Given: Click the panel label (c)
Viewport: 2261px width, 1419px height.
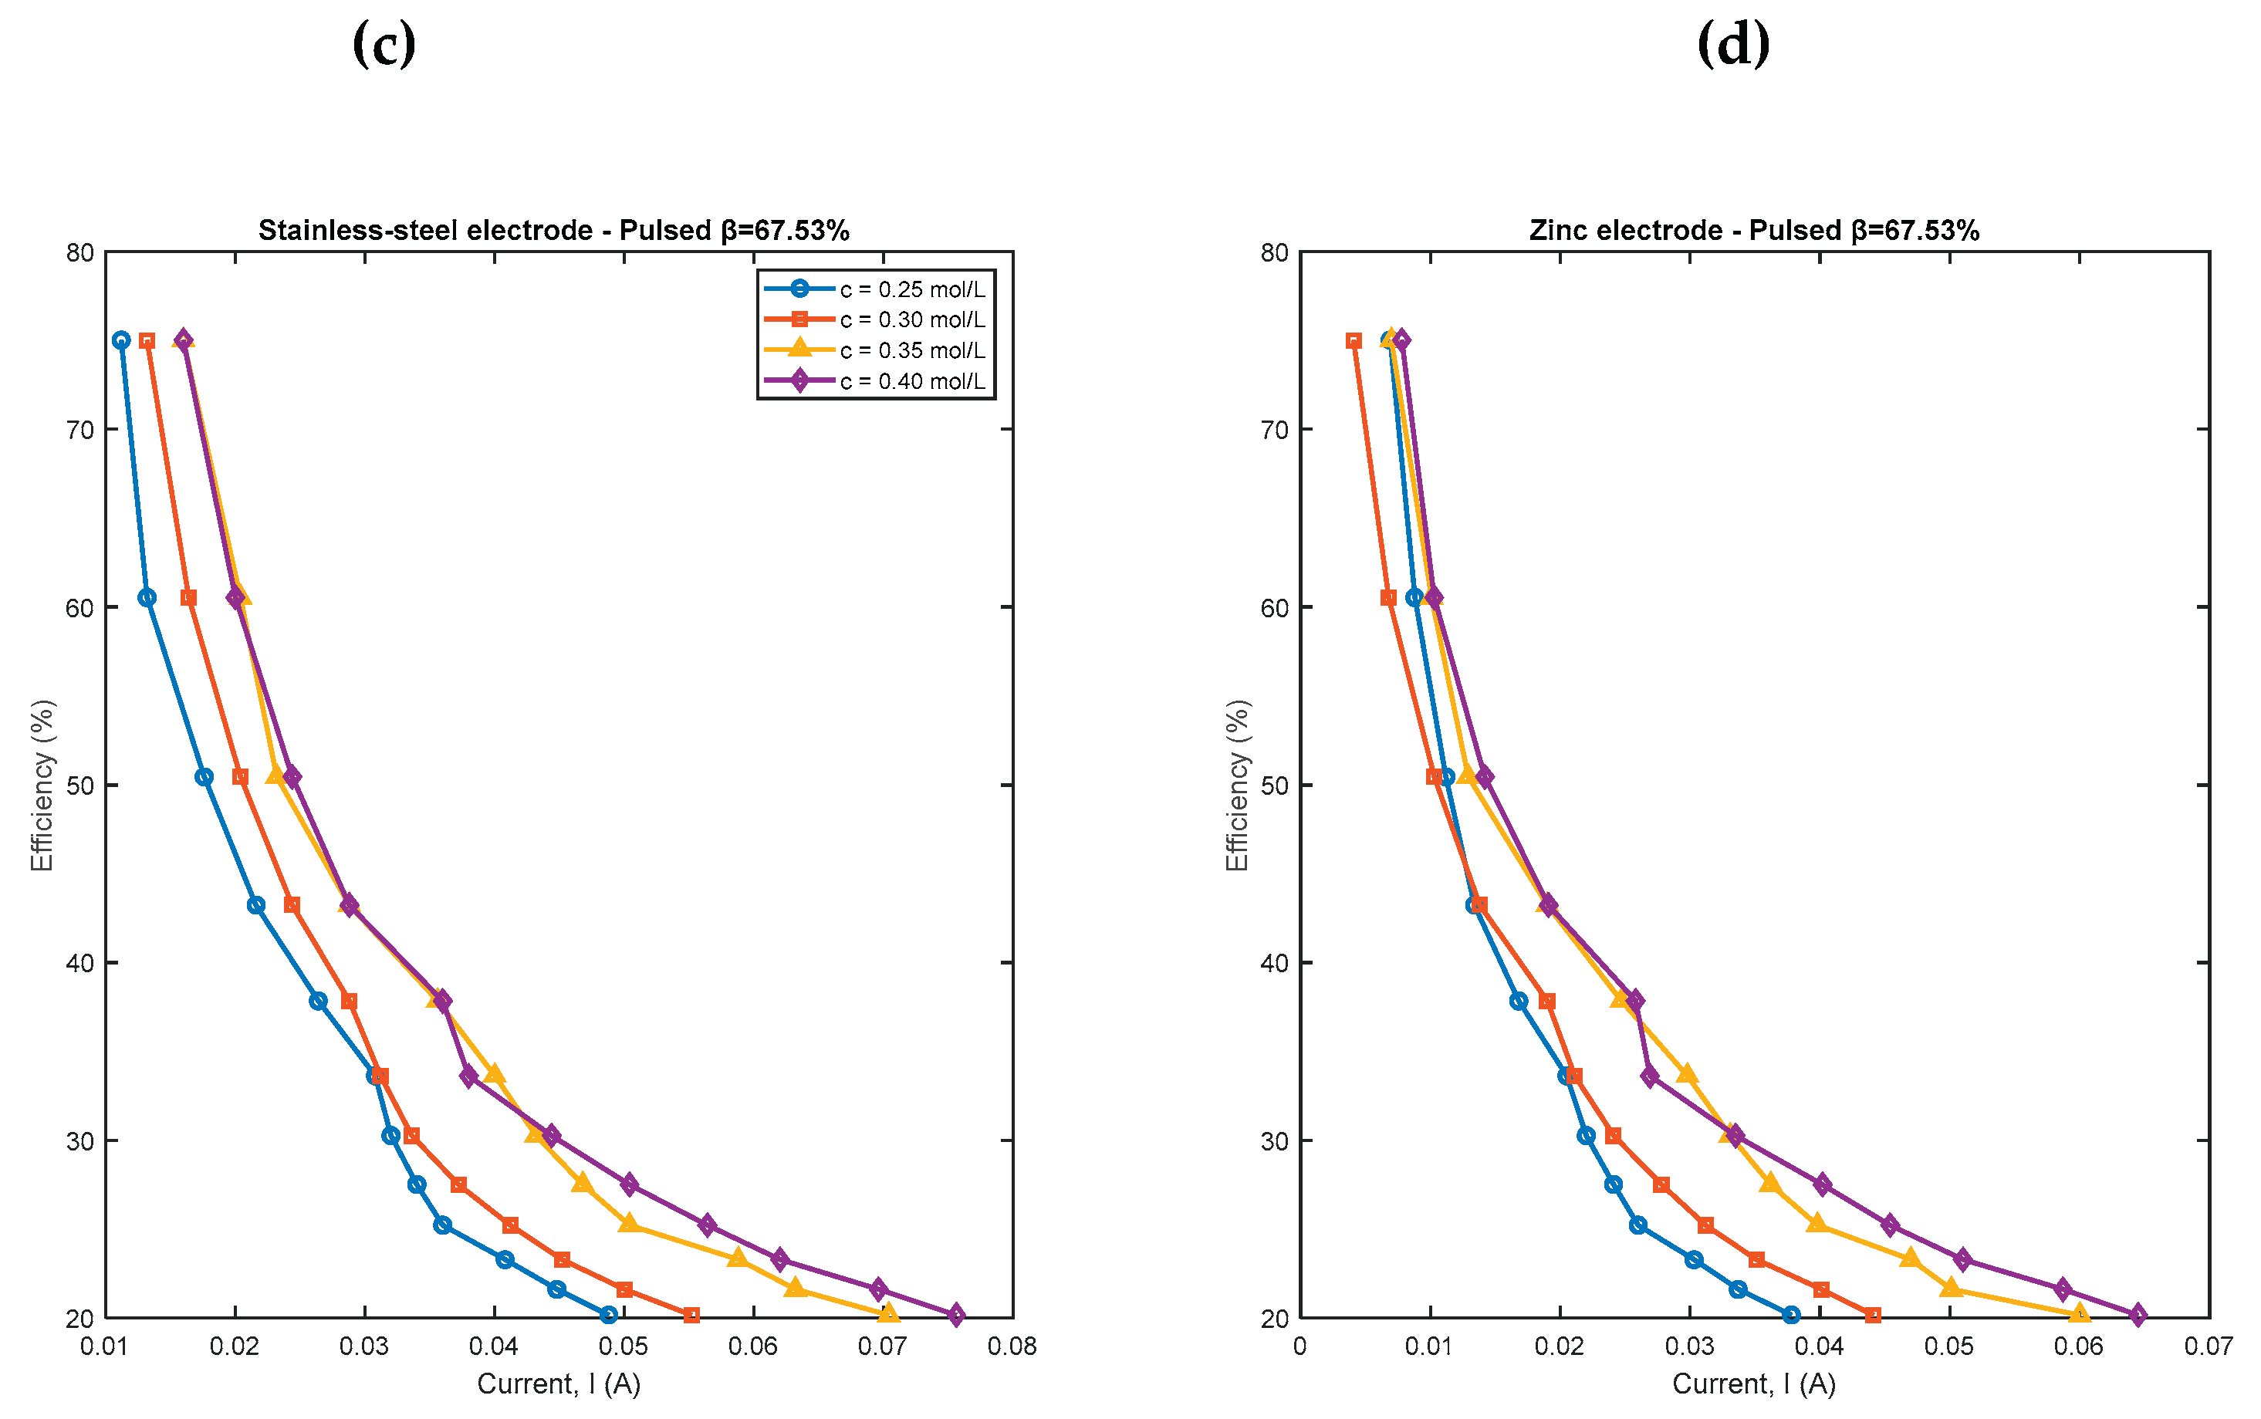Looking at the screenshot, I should pos(384,44).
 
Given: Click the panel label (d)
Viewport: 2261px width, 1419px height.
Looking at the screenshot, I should pos(1732,44).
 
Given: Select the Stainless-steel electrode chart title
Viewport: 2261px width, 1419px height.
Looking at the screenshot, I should pos(554,230).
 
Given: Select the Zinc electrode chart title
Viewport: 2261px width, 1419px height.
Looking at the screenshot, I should pos(1753,230).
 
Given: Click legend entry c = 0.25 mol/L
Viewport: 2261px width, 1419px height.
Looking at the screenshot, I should pos(911,289).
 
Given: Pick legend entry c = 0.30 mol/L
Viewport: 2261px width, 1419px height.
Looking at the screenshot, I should pos(911,320).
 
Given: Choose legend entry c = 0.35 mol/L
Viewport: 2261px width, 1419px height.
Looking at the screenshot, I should pos(911,350).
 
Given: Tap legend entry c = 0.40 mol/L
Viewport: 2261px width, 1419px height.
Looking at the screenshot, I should pos(911,381).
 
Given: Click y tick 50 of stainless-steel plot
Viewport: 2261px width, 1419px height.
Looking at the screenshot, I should pos(79,785).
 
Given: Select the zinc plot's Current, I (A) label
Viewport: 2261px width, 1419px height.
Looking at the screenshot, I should pos(1753,1384).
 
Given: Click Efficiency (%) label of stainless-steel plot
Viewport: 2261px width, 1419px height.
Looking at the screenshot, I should pos(42,785).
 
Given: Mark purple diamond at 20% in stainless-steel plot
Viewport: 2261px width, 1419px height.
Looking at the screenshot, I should pos(955,1315).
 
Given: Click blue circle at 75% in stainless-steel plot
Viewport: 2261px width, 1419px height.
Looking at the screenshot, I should pos(121,340).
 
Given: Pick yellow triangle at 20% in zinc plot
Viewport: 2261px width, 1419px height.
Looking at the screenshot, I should pos(2079,1314).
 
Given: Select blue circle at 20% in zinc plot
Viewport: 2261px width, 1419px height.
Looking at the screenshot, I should pos(1791,1315).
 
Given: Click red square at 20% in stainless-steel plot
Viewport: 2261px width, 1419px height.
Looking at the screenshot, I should pos(691,1315).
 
